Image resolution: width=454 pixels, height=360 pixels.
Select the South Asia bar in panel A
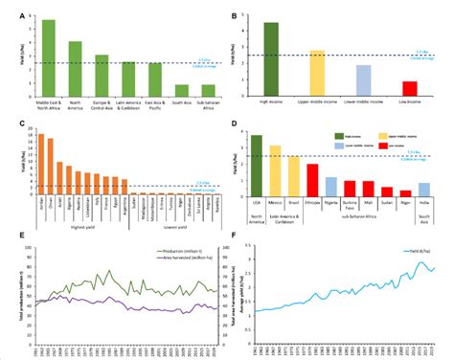pos(181,91)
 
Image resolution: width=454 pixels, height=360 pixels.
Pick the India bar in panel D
pos(423,188)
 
